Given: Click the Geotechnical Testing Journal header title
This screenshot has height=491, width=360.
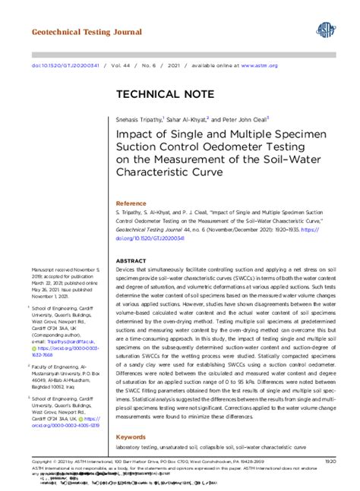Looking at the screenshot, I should [x=87, y=33].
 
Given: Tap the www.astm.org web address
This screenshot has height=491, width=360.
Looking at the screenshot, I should [x=260, y=65].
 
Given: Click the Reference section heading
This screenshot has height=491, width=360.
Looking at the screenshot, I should [x=130, y=204].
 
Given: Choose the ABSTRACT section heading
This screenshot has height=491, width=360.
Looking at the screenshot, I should [x=131, y=260].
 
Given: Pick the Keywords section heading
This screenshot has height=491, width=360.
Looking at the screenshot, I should [x=131, y=438].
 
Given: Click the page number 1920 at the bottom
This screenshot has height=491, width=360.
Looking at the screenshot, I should [x=330, y=461].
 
